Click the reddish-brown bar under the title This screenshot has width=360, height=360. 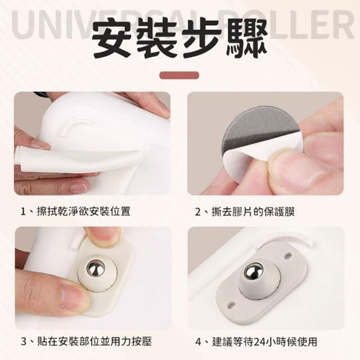point(179,75)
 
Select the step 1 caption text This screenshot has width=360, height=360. point(75,211)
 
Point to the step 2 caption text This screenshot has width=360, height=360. point(245,211)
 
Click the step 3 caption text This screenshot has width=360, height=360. point(86,341)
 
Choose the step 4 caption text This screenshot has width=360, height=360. point(256,342)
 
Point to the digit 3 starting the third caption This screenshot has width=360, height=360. point(24,342)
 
